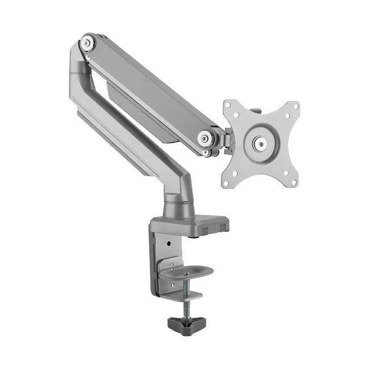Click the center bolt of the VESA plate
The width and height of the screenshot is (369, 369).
pos(261,144)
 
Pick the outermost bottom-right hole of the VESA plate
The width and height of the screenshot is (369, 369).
pos(293,182)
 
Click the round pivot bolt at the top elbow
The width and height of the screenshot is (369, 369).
pos(87,43)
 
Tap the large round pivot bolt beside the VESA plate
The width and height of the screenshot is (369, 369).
pos(206,137)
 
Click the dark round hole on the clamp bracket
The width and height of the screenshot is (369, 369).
pos(169,245)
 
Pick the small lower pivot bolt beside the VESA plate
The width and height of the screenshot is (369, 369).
pos(208,152)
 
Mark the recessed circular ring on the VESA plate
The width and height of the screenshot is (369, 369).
pos(261,144)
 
